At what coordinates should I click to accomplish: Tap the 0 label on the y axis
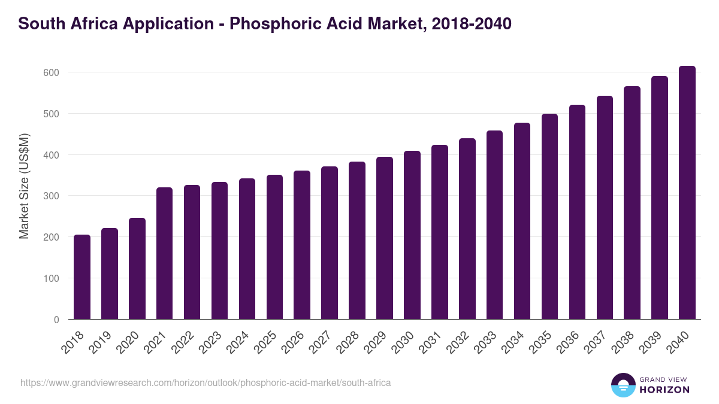pyautogui.click(x=56, y=320)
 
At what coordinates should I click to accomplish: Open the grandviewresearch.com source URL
pyautogui.click(x=206, y=382)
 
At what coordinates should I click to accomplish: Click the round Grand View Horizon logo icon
pyautogui.click(x=623, y=385)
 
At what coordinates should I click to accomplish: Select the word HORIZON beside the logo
pyautogui.click(x=665, y=390)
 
